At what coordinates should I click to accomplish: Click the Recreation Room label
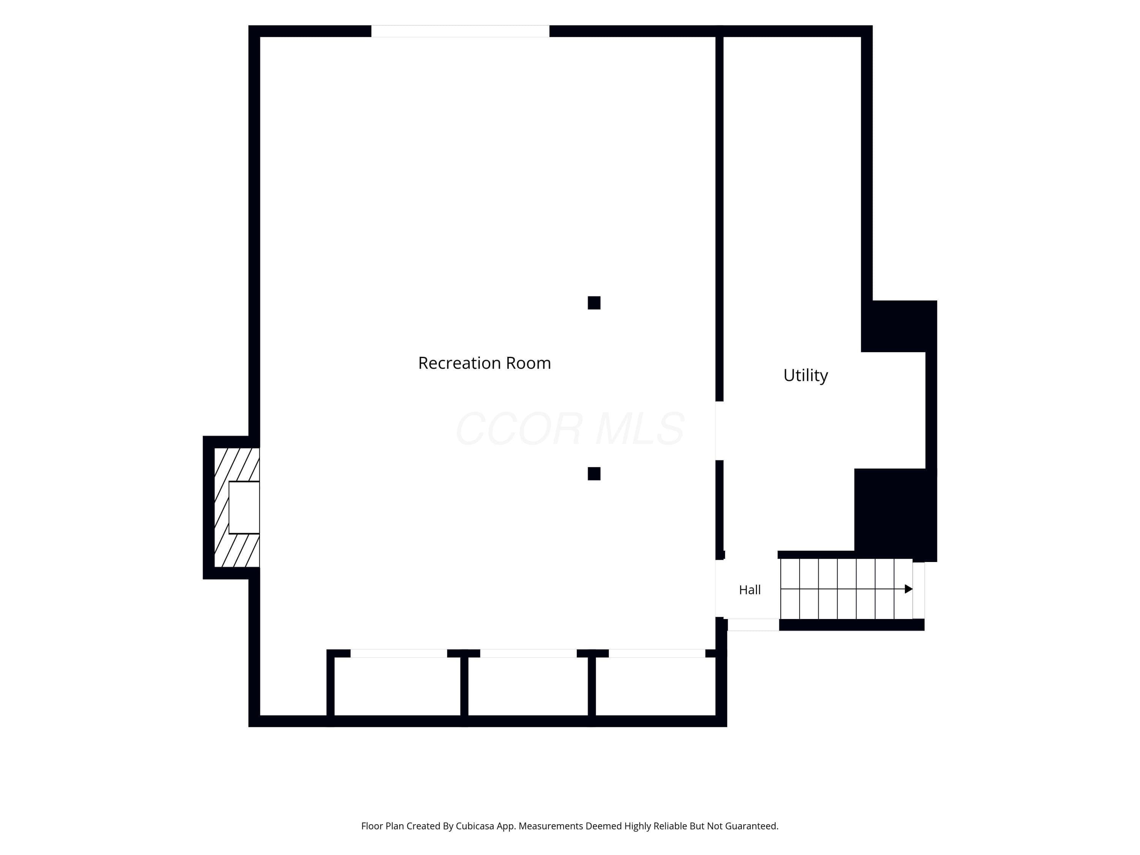pyautogui.click(x=484, y=363)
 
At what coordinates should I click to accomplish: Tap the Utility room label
pyautogui.click(x=806, y=375)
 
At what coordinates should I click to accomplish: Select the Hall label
pyautogui.click(x=750, y=590)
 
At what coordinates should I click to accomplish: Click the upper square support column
pyautogui.click(x=594, y=302)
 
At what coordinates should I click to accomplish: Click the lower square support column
pyautogui.click(x=594, y=473)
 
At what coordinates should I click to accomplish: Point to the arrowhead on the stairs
pyautogui.click(x=909, y=589)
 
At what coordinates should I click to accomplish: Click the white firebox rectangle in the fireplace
pyautogui.click(x=244, y=508)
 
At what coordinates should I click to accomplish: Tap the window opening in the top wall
pyautogui.click(x=460, y=31)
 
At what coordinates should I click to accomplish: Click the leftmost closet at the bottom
pyautogui.click(x=397, y=687)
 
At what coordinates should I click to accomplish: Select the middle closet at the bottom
pyautogui.click(x=528, y=687)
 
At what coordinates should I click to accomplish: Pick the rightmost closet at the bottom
pyautogui.click(x=655, y=687)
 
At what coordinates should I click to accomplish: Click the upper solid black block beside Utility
pyautogui.click(x=899, y=326)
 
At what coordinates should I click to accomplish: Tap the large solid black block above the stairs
pyautogui.click(x=895, y=513)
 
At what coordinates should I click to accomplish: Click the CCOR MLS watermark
pyautogui.click(x=570, y=429)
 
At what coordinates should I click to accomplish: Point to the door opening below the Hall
pyautogui.click(x=753, y=625)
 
